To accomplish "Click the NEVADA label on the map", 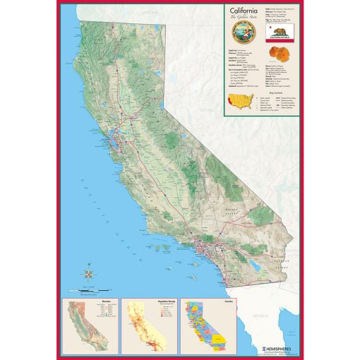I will tap(206, 111).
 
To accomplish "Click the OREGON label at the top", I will tap(148, 13).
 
